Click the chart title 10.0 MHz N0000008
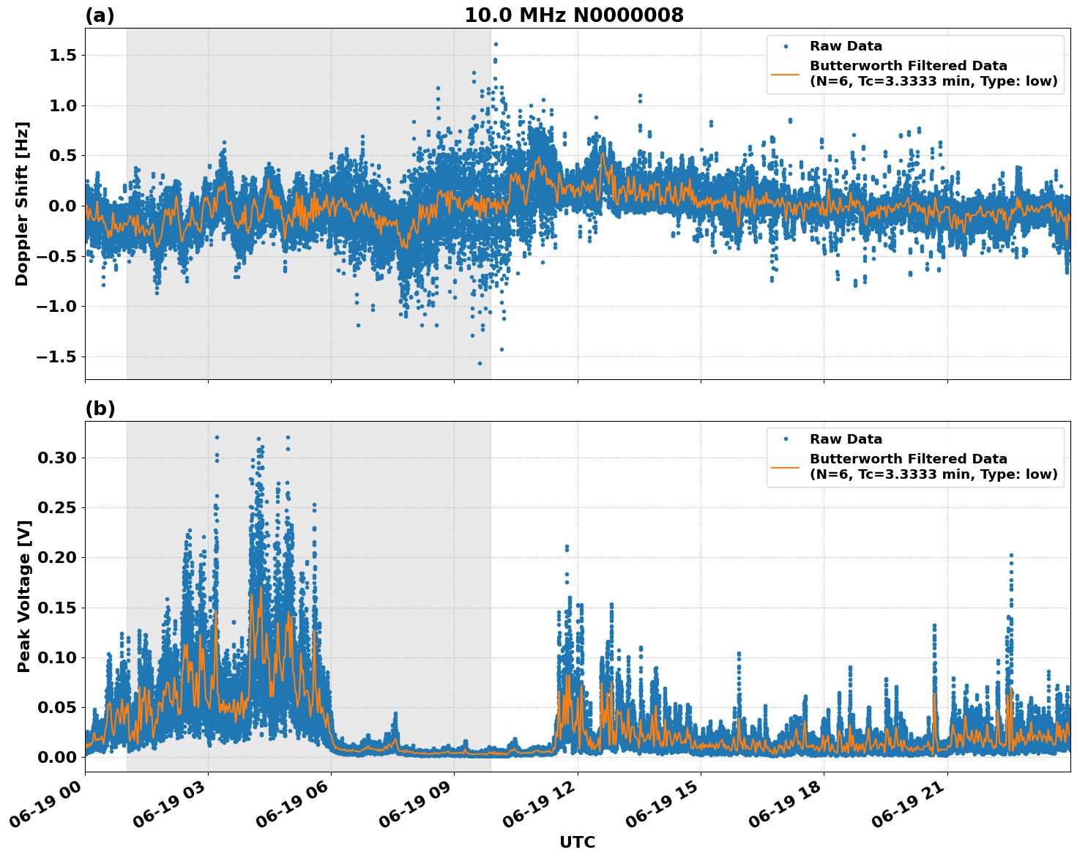573,15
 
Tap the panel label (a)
100,15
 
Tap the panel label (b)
100,409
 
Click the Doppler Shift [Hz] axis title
22,204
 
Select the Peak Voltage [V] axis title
24,596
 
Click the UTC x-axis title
577,842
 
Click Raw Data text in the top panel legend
846,46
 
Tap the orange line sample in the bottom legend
785,466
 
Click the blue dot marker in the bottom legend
785,439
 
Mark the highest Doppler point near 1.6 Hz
496,44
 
